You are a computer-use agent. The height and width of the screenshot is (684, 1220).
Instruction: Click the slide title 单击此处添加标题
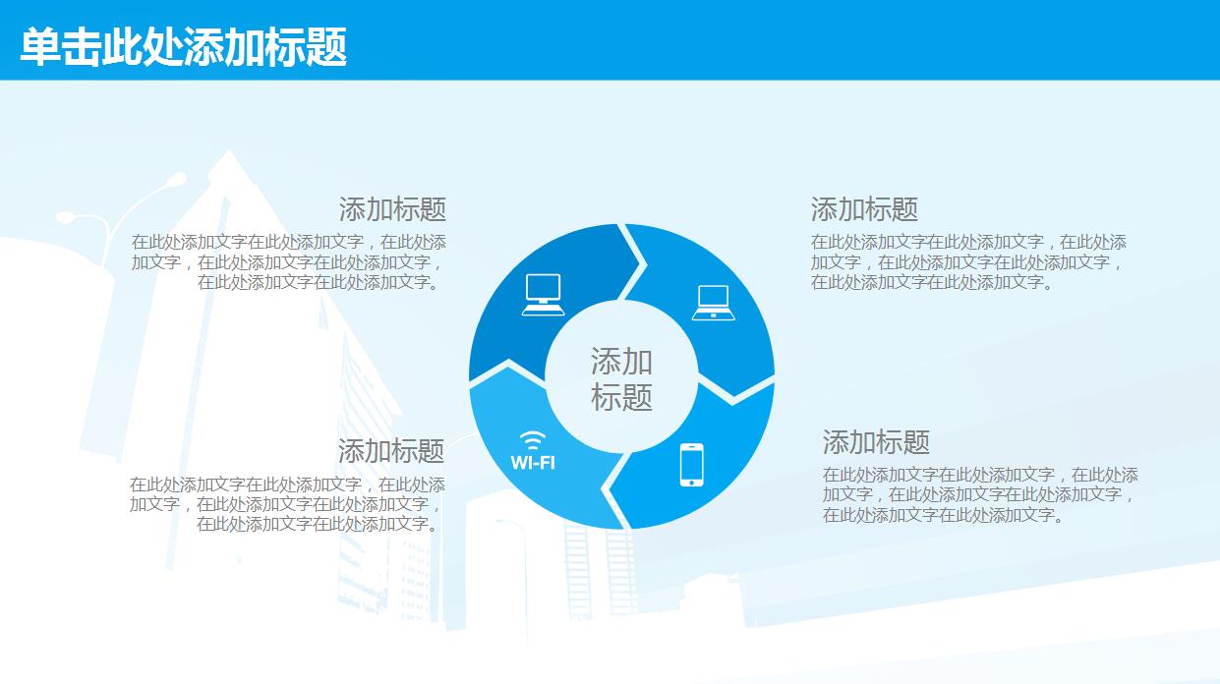pyautogui.click(x=184, y=46)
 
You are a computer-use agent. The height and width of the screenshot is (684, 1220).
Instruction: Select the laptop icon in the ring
pyautogui.click(x=713, y=302)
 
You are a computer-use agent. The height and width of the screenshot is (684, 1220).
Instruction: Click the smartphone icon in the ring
pyautogui.click(x=692, y=465)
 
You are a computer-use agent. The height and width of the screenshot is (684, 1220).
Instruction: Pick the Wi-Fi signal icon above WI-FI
pyautogui.click(x=533, y=439)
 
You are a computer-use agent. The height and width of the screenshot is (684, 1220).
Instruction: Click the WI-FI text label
pyautogui.click(x=533, y=462)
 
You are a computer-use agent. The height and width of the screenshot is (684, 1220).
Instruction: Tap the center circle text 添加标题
pyautogui.click(x=621, y=378)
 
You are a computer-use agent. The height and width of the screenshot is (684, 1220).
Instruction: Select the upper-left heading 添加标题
pyautogui.click(x=392, y=209)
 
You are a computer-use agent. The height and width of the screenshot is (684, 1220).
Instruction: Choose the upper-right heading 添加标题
pyautogui.click(x=864, y=209)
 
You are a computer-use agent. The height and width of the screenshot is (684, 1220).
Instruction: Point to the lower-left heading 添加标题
pyautogui.click(x=391, y=451)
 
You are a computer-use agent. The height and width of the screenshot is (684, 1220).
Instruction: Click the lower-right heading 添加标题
pyautogui.click(x=876, y=442)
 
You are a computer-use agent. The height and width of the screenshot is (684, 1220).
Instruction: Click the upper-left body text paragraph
pyautogui.click(x=289, y=262)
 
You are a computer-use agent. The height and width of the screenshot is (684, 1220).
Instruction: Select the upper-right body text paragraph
pyautogui.click(x=968, y=262)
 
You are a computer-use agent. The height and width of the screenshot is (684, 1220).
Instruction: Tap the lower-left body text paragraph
pyautogui.click(x=287, y=504)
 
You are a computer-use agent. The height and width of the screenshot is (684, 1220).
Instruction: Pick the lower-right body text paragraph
pyautogui.click(x=980, y=494)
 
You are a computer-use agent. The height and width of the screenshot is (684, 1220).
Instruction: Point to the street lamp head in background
pyautogui.click(x=175, y=181)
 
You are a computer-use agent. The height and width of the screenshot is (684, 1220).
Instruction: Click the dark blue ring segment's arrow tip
pyautogui.click(x=643, y=263)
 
